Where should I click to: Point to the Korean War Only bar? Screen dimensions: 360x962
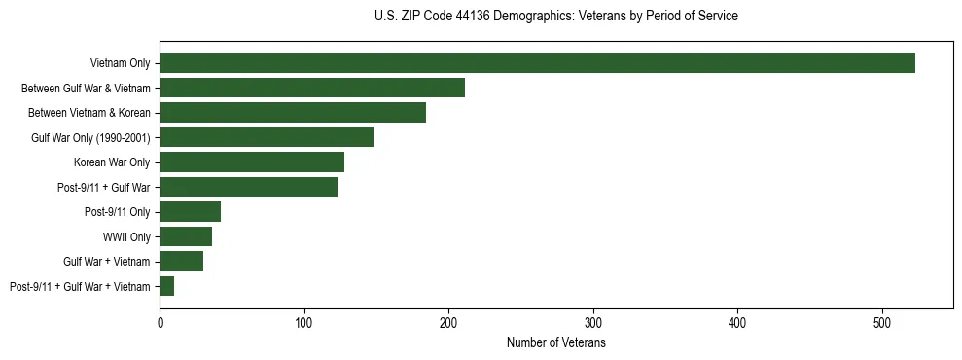point(252,162)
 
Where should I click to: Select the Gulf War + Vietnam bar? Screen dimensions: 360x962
point(181,261)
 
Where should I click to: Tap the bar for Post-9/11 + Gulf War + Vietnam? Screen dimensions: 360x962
point(167,286)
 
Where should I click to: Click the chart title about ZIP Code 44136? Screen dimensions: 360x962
point(555,17)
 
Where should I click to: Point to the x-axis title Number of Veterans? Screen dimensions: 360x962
point(555,343)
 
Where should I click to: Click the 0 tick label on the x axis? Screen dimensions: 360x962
point(160,322)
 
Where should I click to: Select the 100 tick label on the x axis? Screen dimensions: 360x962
point(304,322)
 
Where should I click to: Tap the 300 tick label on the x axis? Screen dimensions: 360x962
point(593,322)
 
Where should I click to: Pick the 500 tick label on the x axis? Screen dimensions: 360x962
point(882,322)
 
